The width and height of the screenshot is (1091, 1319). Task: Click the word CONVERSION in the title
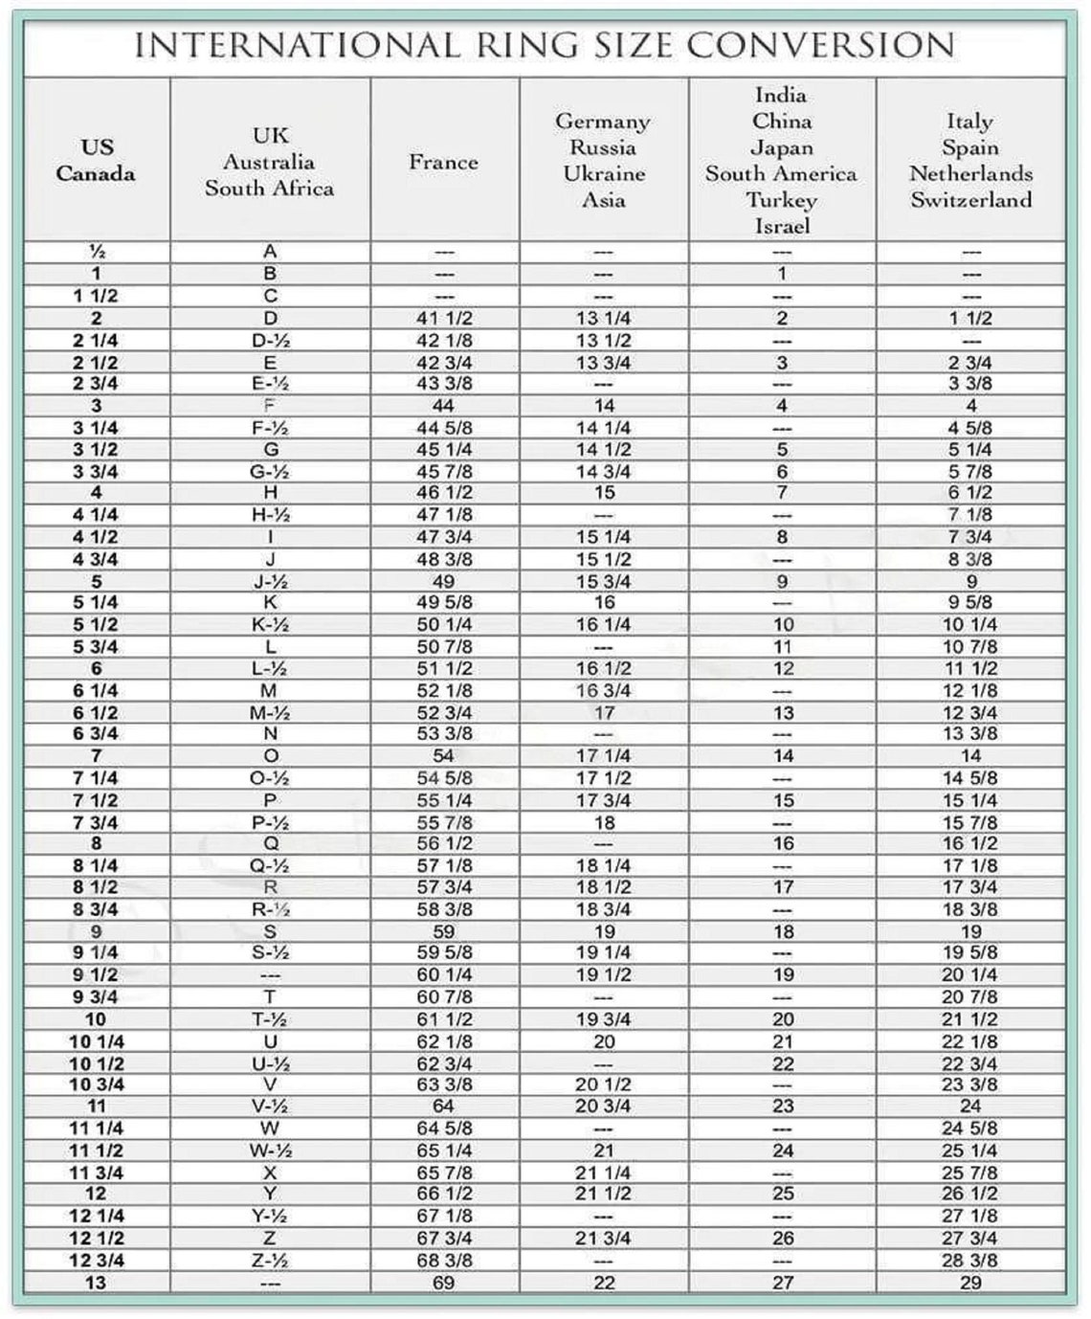820,45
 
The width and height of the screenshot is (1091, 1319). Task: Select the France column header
443,162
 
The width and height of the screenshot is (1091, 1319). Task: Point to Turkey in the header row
781,200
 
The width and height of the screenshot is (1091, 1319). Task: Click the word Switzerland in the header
970,200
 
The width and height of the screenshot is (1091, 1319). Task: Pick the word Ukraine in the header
604,174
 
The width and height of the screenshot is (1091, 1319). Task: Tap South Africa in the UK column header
269,188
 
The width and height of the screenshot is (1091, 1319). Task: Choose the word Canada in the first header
96,174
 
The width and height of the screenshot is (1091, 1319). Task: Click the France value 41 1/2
444,319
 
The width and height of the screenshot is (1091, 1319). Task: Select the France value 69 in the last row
443,1283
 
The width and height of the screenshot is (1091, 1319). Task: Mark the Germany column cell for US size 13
604,1283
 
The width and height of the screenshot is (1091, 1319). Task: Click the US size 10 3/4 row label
96,1084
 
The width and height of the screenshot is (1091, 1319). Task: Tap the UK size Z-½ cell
269,1261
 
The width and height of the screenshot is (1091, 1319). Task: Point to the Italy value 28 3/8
969,1261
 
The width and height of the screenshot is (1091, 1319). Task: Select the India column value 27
783,1283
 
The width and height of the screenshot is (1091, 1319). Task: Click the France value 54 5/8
444,778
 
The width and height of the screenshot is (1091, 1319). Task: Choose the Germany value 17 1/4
603,756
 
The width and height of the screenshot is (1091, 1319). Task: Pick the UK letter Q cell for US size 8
270,843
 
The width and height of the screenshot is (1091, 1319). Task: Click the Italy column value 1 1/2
969,319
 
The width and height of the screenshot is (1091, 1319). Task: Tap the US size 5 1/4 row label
96,602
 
